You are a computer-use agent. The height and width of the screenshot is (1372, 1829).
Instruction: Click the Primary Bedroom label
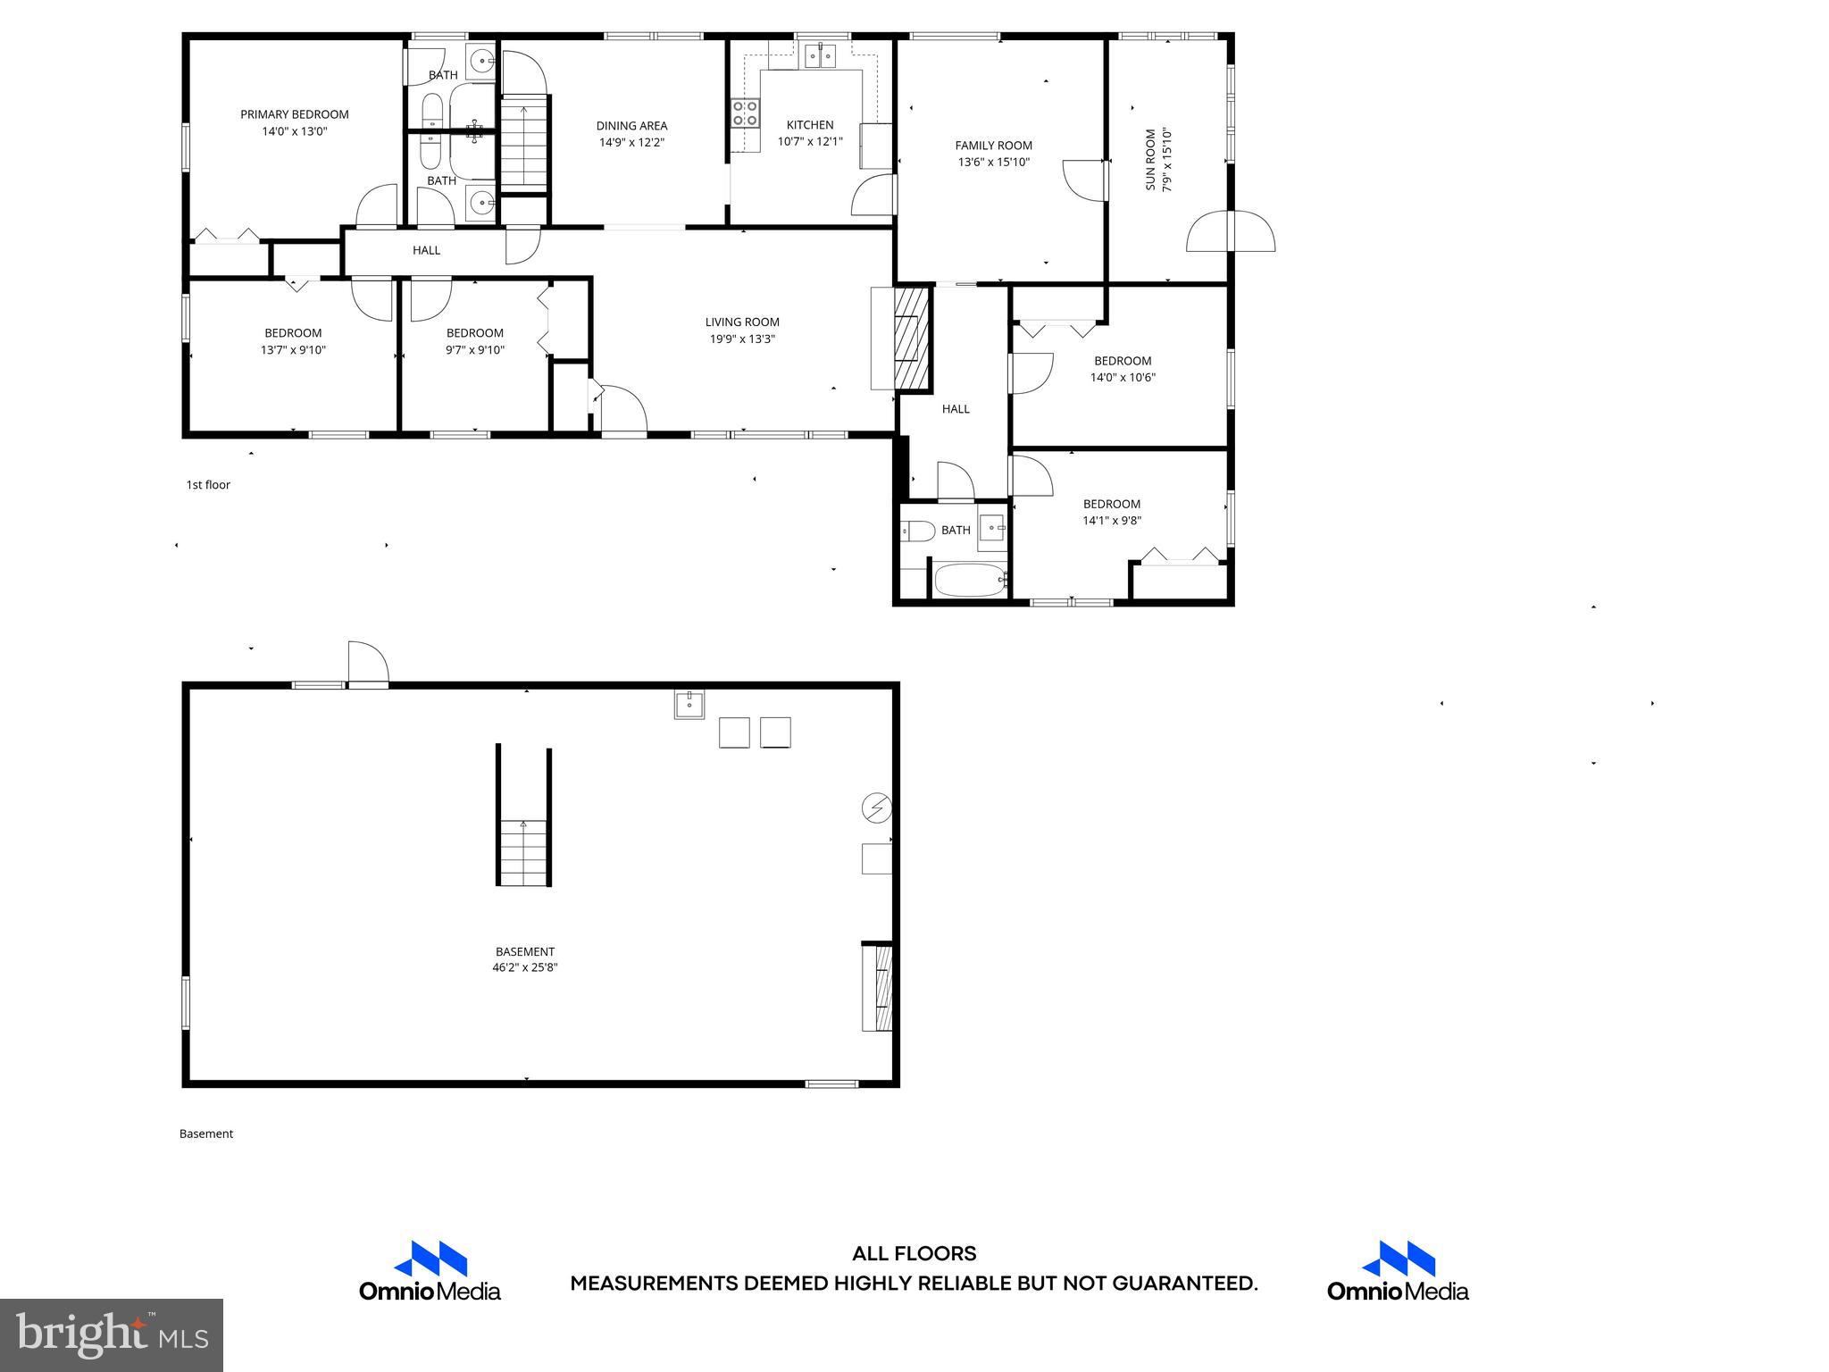click(294, 114)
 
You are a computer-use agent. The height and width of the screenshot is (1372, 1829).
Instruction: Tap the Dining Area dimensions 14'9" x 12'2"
click(631, 143)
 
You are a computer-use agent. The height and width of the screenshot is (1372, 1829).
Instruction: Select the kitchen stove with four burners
click(746, 113)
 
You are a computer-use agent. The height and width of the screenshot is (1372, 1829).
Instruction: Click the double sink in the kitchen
click(820, 57)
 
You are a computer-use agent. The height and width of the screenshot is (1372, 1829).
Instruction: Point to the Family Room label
click(993, 146)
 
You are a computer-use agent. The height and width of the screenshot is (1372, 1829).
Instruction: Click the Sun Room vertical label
click(1150, 160)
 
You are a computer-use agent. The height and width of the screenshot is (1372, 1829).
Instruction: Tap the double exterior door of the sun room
click(1230, 231)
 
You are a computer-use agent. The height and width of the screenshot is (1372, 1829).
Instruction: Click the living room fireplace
click(911, 338)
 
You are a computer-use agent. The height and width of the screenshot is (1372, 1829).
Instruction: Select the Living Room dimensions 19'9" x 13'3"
click(742, 339)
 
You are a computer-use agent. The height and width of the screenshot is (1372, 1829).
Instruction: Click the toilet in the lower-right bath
click(917, 531)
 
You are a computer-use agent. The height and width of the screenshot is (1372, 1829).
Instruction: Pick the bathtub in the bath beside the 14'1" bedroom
click(969, 581)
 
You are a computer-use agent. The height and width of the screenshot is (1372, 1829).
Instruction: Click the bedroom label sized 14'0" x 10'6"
click(1123, 361)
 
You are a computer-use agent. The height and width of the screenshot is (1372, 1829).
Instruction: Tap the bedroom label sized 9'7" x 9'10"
click(474, 333)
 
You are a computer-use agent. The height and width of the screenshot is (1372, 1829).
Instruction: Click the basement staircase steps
click(523, 853)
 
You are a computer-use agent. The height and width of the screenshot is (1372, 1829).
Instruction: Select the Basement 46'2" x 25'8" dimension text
click(524, 967)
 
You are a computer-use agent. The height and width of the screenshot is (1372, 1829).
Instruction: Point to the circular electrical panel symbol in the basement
click(875, 808)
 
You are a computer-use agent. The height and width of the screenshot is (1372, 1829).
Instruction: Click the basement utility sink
click(689, 705)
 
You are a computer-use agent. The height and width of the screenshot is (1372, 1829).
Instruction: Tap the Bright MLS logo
click(111, 1334)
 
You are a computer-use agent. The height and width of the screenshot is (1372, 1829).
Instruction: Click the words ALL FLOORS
click(914, 1254)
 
